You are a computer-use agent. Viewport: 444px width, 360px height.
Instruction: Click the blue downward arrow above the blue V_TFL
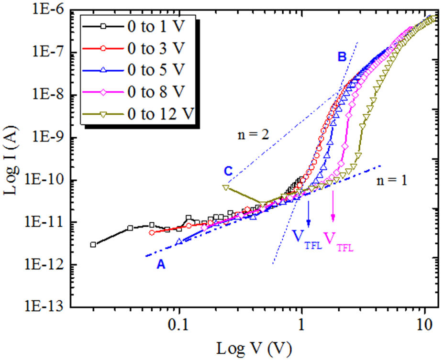[x=309, y=213]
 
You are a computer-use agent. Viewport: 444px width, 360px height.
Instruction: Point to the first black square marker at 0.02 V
[x=93, y=244]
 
